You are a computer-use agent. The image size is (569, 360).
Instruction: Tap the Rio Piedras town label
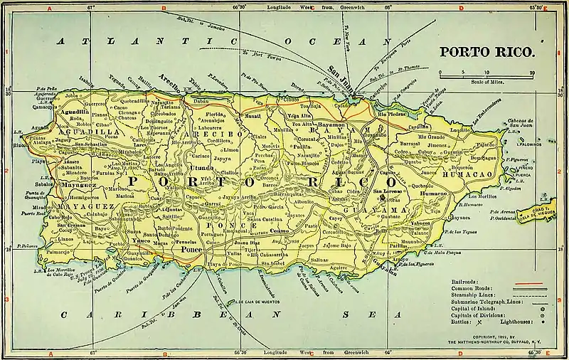[391, 113]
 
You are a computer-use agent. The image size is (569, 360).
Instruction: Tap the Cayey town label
[334, 221]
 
